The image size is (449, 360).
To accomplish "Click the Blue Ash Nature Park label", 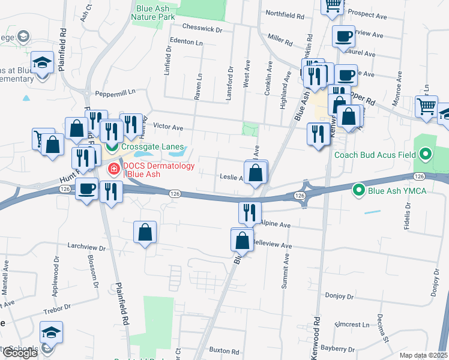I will tap(153, 13).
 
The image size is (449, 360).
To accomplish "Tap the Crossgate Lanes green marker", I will tap(112, 146).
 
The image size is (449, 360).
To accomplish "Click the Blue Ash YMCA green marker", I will tap(359, 191).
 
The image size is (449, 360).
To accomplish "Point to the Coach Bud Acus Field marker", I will tap(426, 155).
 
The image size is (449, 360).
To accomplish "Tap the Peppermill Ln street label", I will tap(116, 93).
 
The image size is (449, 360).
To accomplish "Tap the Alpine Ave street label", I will tap(276, 224).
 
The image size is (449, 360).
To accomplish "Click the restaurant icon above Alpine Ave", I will tap(249, 212).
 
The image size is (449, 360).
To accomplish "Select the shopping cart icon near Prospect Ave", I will tap(332, 6).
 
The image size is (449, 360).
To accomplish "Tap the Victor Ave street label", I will tap(168, 127).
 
